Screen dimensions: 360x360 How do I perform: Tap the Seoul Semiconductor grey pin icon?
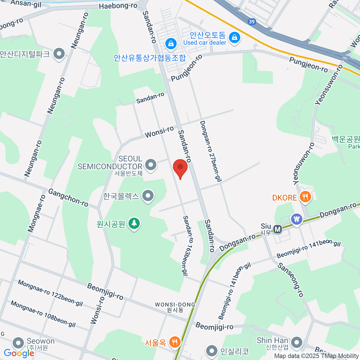tap(151, 164)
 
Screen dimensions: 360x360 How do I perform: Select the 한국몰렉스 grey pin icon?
tap(148, 196)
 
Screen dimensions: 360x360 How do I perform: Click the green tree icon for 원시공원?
tap(134, 223)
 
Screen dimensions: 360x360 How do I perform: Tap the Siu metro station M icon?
tap(278, 229)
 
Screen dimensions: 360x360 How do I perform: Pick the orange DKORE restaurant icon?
tap(305, 197)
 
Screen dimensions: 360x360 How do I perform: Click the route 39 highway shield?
tap(252, 22)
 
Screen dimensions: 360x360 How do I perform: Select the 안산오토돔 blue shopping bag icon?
tap(234, 37)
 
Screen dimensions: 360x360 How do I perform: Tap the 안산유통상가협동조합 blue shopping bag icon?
tap(171, 44)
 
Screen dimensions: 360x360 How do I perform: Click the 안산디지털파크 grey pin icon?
tap(59, 54)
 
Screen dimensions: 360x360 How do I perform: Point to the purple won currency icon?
tap(297, 219)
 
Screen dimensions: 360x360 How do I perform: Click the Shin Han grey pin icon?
tap(297, 342)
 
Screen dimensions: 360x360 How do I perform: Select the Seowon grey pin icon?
tap(18, 343)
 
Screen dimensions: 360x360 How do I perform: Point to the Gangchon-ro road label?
tap(68, 198)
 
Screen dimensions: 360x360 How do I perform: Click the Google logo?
tap(19, 353)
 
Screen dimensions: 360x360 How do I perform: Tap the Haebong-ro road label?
tap(118, 6)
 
